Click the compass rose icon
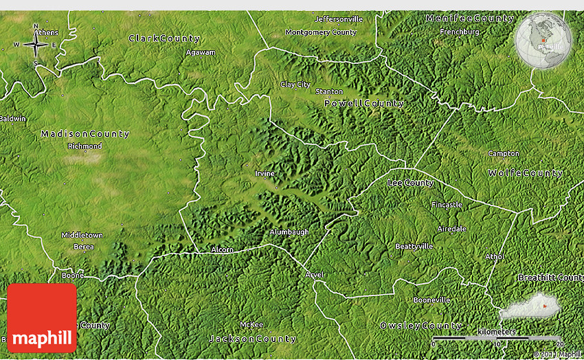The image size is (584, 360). [x=35, y=45]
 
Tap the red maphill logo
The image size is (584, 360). [x=42, y=318]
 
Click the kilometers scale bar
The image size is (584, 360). [x=497, y=339]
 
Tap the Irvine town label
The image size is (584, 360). [x=265, y=173]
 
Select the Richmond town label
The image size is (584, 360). [x=85, y=146]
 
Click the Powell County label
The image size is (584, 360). [x=364, y=103]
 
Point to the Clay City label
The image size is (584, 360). [x=295, y=85]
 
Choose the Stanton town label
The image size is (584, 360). [x=329, y=91]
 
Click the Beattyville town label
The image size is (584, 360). [x=414, y=246]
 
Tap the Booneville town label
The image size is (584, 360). [x=431, y=300]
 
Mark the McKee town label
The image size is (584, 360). [x=251, y=324]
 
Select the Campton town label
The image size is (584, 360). [x=504, y=153]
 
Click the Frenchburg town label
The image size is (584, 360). [x=459, y=32]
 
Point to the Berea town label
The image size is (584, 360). [x=83, y=246]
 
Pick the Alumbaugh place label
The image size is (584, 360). [x=289, y=232]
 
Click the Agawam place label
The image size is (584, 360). [x=201, y=52]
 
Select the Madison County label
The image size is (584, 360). [x=85, y=133]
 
